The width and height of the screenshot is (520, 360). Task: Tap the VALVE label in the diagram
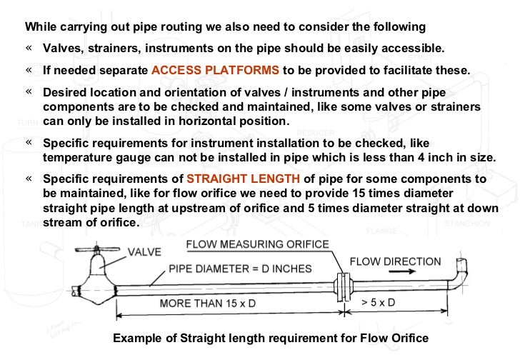tap(144, 251)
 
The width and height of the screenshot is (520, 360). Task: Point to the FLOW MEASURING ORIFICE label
tap(258, 244)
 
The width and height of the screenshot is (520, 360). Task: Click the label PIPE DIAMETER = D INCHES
tap(230, 268)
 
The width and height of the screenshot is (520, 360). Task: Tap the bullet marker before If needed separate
tap(29, 71)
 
